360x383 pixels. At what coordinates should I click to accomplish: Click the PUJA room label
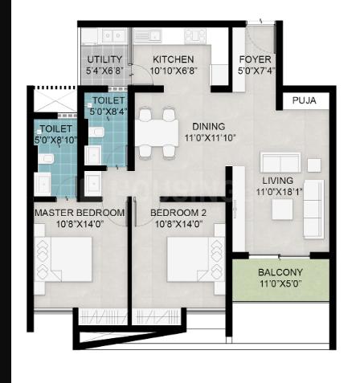tap(304, 100)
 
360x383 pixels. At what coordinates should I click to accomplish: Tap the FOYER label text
tap(255, 59)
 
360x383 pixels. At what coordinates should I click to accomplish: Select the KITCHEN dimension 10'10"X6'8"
tap(174, 71)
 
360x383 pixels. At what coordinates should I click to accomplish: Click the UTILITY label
tap(104, 59)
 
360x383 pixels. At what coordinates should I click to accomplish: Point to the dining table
tap(157, 132)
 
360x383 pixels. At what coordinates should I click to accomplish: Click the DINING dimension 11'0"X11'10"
tap(211, 138)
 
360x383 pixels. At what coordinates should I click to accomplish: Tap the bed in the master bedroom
tap(63, 259)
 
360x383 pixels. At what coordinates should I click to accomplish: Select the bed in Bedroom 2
tap(196, 259)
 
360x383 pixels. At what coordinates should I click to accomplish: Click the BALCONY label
tap(280, 272)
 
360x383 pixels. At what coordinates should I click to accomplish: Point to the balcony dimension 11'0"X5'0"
tap(280, 283)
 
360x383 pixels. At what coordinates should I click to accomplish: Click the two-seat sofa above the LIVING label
tap(280, 163)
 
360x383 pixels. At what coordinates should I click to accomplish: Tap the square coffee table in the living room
tap(282, 210)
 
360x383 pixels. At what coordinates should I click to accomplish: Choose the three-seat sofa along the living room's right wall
tap(313, 209)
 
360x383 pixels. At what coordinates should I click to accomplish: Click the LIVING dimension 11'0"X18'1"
tap(280, 192)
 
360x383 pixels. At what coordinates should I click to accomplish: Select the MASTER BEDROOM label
tap(80, 213)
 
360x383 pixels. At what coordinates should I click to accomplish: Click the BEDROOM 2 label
tap(178, 213)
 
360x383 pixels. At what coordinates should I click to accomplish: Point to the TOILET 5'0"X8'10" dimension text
tap(55, 140)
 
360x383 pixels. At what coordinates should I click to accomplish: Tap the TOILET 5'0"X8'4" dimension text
tap(108, 112)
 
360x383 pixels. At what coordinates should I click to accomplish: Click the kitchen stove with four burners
tap(195, 36)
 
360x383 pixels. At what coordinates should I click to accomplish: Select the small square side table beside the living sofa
tap(314, 165)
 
